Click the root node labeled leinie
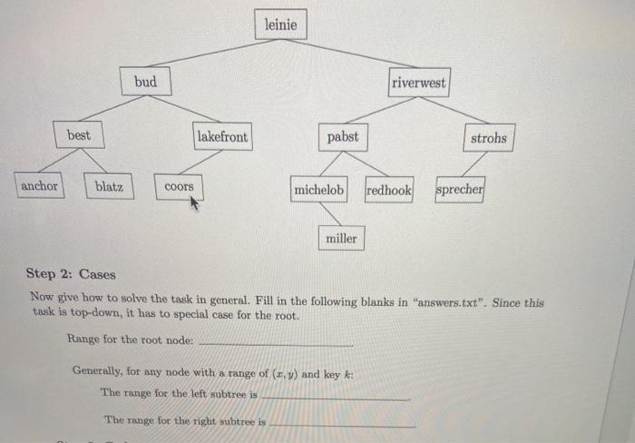(281, 25)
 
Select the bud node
(145, 83)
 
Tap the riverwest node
(418, 83)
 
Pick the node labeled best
(79, 135)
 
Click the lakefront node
(221, 136)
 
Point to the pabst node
(343, 137)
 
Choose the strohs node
(489, 138)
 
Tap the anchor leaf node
(39, 186)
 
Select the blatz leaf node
(109, 187)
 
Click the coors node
(179, 187)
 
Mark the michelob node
(318, 191)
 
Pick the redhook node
(388, 191)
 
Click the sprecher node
(460, 191)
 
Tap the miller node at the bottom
(341, 238)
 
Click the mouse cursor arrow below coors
(193, 204)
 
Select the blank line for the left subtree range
(336, 399)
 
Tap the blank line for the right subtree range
(343, 425)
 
